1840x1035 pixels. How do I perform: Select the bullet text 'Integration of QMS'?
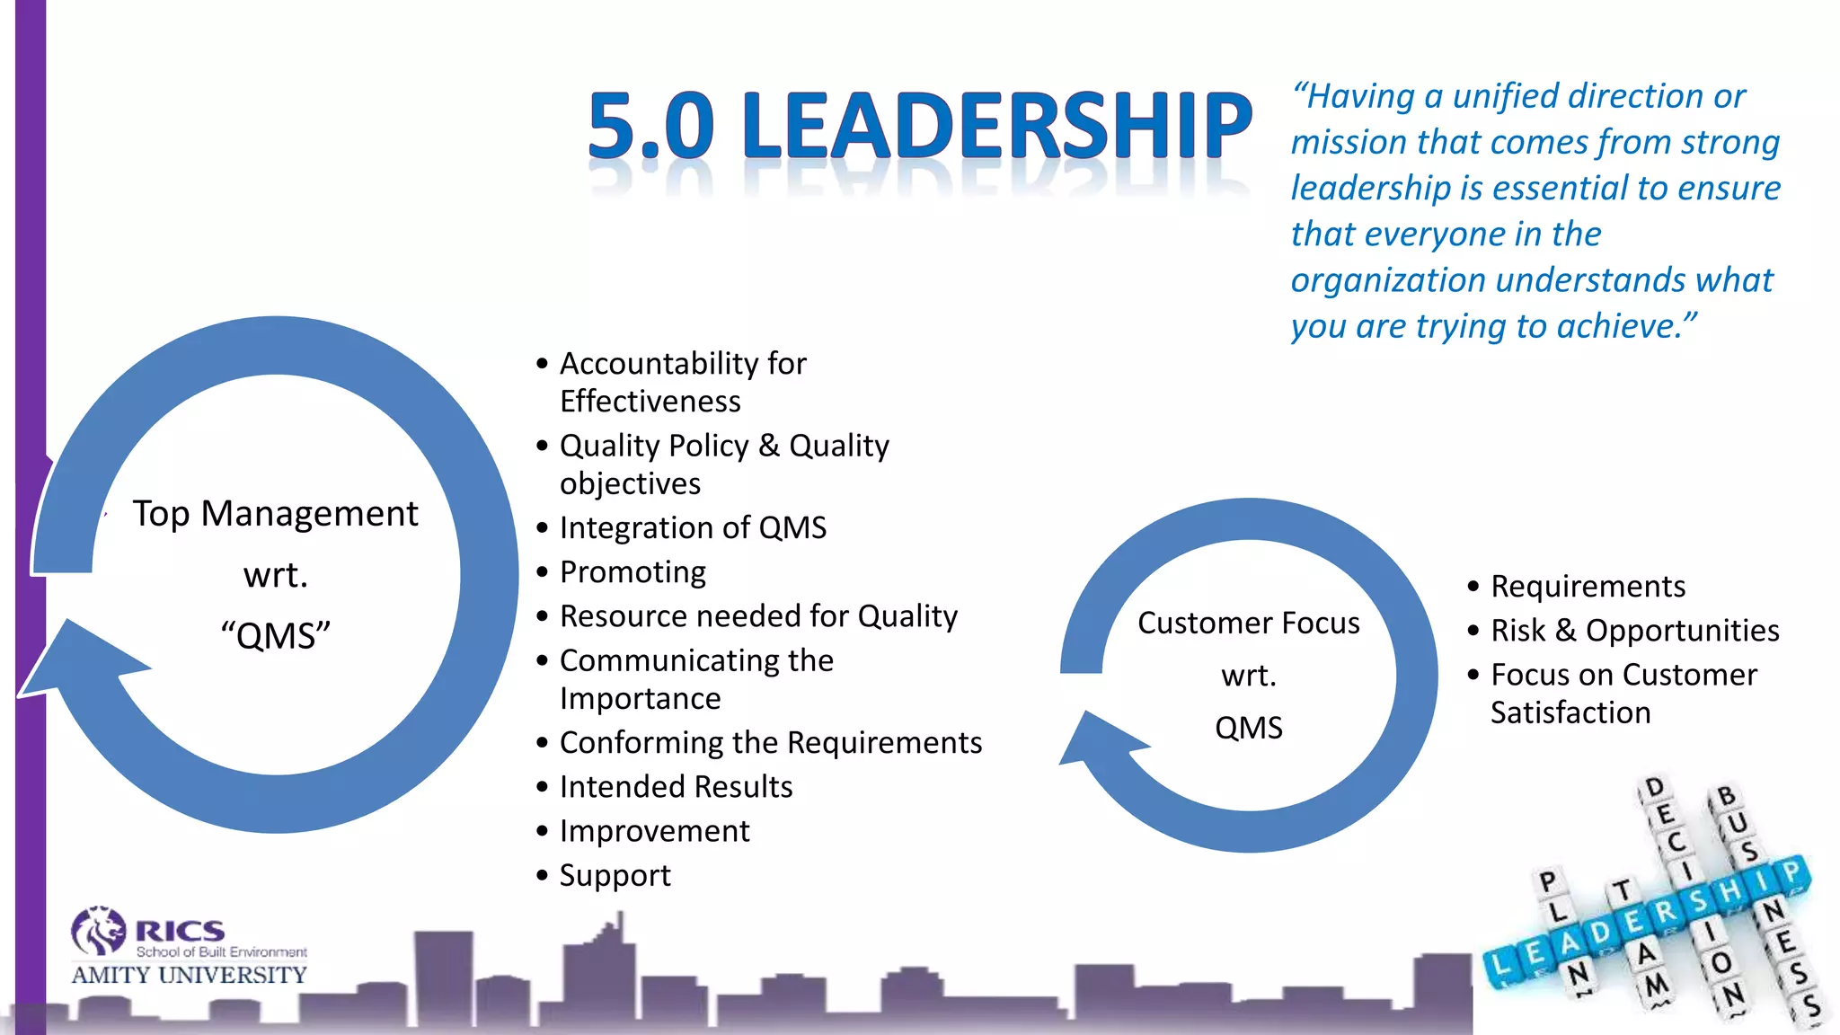click(x=693, y=527)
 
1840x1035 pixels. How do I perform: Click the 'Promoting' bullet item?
click(x=632, y=571)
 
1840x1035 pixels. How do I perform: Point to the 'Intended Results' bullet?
click(x=676, y=786)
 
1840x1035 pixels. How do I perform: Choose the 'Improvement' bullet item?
click(x=654, y=830)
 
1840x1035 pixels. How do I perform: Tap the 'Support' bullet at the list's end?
click(x=615, y=875)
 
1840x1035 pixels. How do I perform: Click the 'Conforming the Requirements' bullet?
click(x=770, y=742)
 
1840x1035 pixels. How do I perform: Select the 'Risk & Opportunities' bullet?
click(x=1634, y=630)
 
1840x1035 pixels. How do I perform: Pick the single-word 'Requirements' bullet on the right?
click(x=1588, y=586)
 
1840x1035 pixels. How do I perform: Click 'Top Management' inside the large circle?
click(x=275, y=513)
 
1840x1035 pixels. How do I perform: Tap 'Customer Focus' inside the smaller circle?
click(x=1248, y=623)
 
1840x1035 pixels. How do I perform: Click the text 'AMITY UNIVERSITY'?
click(x=189, y=975)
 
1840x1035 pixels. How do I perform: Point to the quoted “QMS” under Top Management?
click(x=275, y=635)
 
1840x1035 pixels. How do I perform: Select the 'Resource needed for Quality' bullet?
click(x=758, y=615)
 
